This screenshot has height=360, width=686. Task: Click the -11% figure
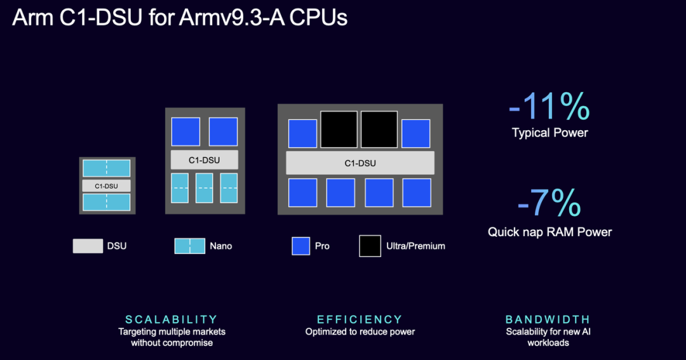pyautogui.click(x=549, y=106)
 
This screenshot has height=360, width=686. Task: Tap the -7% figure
pyautogui.click(x=549, y=203)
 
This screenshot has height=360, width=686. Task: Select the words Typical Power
pyautogui.click(x=550, y=133)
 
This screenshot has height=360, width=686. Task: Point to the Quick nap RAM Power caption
pyautogui.click(x=550, y=232)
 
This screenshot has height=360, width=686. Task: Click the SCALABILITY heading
pyautogui.click(x=171, y=319)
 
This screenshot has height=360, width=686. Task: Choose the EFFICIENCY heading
pyautogui.click(x=360, y=319)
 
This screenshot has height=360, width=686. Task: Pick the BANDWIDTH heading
pyautogui.click(x=548, y=319)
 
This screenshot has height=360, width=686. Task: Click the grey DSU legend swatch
pyautogui.click(x=88, y=246)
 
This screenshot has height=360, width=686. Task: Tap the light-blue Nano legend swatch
pyautogui.click(x=190, y=246)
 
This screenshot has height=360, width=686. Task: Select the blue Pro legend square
pyautogui.click(x=301, y=246)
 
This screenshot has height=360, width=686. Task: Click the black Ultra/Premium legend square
pyautogui.click(x=370, y=246)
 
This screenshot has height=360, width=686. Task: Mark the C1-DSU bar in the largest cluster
pyautogui.click(x=360, y=163)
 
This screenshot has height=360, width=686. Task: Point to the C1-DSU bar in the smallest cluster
pyautogui.click(x=107, y=186)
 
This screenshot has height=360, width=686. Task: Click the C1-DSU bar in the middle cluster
pyautogui.click(x=205, y=160)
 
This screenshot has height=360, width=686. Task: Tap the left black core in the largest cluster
pyautogui.click(x=339, y=129)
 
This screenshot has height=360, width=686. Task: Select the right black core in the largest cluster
pyautogui.click(x=379, y=129)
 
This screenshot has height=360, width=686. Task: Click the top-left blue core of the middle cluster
pyautogui.click(x=186, y=131)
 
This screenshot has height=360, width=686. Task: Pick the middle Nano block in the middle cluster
pyautogui.click(x=205, y=188)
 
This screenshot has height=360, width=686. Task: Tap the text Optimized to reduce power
pyautogui.click(x=360, y=331)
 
